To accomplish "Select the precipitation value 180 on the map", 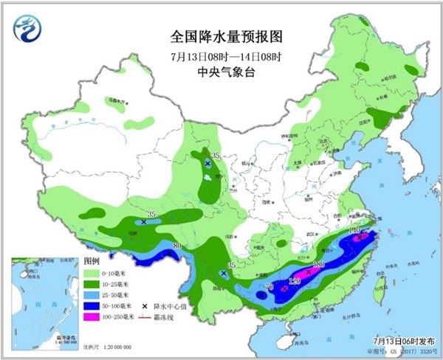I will pyautogui.click(x=319, y=265).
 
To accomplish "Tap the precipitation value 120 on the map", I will pyautogui.click(x=295, y=281).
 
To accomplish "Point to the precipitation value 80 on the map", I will pyautogui.click(x=177, y=246).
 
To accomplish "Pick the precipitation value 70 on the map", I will pyautogui.click(x=269, y=285).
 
